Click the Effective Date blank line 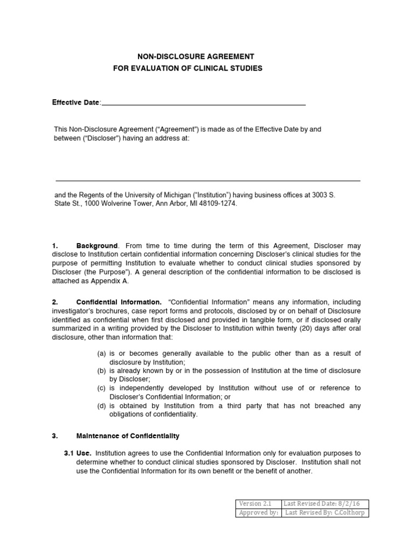point(204,103)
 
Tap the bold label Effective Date point(75,102)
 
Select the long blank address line point(208,181)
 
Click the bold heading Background point(96,246)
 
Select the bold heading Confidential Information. point(119,302)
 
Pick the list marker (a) point(101,354)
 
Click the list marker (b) point(101,371)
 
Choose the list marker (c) point(101,388)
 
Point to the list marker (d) point(101,405)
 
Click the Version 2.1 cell point(258,503)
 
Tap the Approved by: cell point(258,513)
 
